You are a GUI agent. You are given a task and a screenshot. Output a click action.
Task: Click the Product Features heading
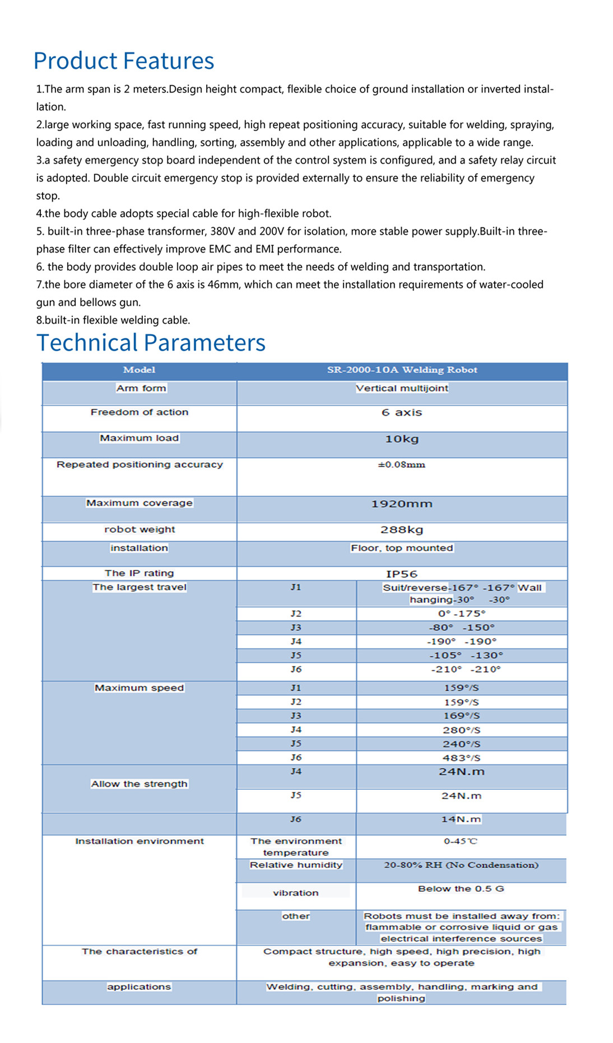coord(124,60)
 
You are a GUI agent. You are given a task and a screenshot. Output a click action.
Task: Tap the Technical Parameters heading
coord(151,342)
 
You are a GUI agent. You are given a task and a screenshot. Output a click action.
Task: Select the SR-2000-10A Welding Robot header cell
coord(402,370)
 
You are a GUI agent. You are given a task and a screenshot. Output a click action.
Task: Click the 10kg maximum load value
coord(402,439)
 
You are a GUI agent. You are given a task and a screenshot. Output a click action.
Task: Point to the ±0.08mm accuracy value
coord(401,464)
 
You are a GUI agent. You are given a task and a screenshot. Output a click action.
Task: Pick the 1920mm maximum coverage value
coord(402,504)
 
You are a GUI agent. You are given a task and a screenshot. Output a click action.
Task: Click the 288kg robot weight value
coord(402,530)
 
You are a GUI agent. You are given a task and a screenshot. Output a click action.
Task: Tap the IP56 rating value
coord(402,574)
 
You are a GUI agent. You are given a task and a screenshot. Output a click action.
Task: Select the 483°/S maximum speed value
coord(461,758)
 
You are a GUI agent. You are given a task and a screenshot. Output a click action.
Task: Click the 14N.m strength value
coord(461,819)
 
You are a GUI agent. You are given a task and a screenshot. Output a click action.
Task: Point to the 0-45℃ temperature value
coord(461,841)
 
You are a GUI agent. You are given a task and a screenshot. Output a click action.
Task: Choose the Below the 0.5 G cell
coord(461,889)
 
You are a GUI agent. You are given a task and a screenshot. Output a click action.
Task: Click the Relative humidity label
coord(296,865)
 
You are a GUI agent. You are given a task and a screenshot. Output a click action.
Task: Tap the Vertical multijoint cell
coord(402,388)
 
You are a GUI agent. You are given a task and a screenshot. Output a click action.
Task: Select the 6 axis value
coord(402,413)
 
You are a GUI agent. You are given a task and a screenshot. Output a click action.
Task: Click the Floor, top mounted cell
coord(402,548)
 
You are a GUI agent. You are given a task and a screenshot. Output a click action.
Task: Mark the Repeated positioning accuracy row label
coord(140,464)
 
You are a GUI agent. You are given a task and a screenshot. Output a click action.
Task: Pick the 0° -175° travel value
coord(462,613)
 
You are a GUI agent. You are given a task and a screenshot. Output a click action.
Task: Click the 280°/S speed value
coord(461,730)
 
